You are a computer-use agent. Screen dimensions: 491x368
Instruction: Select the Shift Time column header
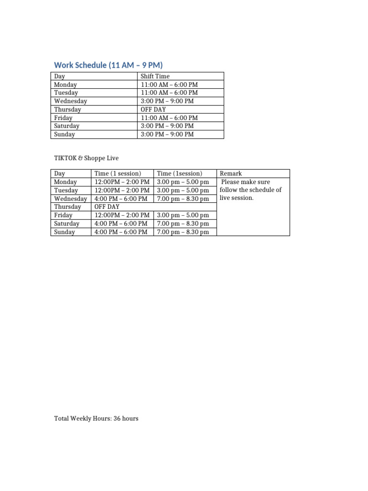[155, 76]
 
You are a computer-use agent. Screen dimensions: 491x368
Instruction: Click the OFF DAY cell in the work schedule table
[153, 109]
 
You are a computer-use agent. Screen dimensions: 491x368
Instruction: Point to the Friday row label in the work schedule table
[63, 118]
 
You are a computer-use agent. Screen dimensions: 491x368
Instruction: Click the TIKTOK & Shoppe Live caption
[86, 158]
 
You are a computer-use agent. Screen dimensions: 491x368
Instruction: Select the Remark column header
[231, 174]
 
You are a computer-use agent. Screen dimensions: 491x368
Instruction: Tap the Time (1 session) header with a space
[118, 174]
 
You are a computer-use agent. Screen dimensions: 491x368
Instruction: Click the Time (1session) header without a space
[180, 174]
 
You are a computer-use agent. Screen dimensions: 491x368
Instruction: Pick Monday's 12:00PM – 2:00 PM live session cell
[122, 182]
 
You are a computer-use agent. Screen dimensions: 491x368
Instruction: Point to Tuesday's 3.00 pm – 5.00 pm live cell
[183, 190]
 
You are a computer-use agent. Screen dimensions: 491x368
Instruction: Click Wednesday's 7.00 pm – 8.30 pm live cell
[183, 199]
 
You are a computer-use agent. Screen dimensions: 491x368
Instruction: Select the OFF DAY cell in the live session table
[107, 207]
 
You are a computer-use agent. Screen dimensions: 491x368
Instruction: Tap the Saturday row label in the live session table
[67, 224]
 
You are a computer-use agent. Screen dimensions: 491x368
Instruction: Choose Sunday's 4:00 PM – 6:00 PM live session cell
[121, 232]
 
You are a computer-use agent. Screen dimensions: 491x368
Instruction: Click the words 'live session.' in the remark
[237, 198]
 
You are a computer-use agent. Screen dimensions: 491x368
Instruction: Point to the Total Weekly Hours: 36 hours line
[96, 419]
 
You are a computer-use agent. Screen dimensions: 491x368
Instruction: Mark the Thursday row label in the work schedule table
[68, 109]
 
